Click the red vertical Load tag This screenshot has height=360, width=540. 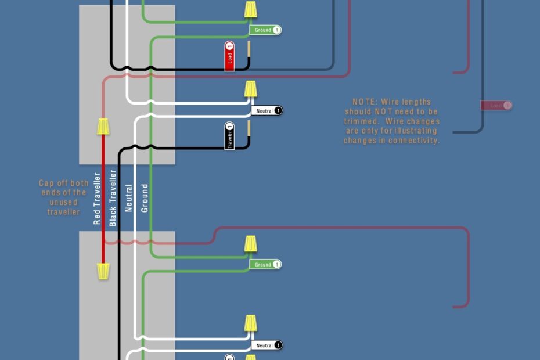click(x=229, y=56)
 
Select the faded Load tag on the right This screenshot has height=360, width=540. click(x=496, y=106)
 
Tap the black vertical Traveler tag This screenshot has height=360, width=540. click(x=229, y=136)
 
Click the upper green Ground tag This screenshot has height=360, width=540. click(x=266, y=30)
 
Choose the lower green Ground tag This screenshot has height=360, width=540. click(x=266, y=264)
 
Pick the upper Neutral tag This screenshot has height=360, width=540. click(x=267, y=110)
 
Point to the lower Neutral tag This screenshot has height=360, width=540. click(x=267, y=345)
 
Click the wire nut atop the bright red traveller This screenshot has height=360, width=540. click(x=103, y=125)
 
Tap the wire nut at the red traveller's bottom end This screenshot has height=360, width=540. click(x=103, y=271)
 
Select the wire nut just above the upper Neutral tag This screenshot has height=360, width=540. click(x=251, y=89)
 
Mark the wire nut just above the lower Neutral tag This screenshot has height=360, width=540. click(x=251, y=323)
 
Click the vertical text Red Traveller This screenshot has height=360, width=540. click(x=98, y=199)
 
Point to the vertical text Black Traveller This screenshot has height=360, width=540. click(x=113, y=198)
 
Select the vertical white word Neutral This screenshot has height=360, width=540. click(x=129, y=198)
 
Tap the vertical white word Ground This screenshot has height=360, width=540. click(x=145, y=198)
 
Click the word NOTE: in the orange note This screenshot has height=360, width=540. click(x=365, y=102)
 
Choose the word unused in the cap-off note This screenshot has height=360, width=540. click(x=63, y=203)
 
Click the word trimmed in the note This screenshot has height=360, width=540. click(x=363, y=121)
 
